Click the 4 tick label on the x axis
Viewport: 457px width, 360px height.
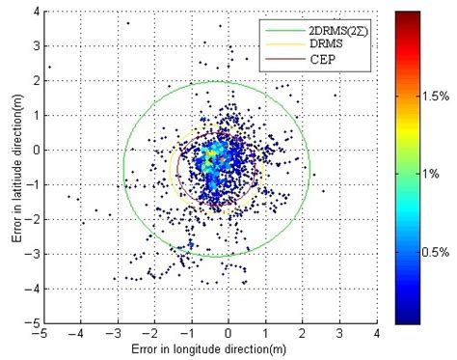click(377, 334)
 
